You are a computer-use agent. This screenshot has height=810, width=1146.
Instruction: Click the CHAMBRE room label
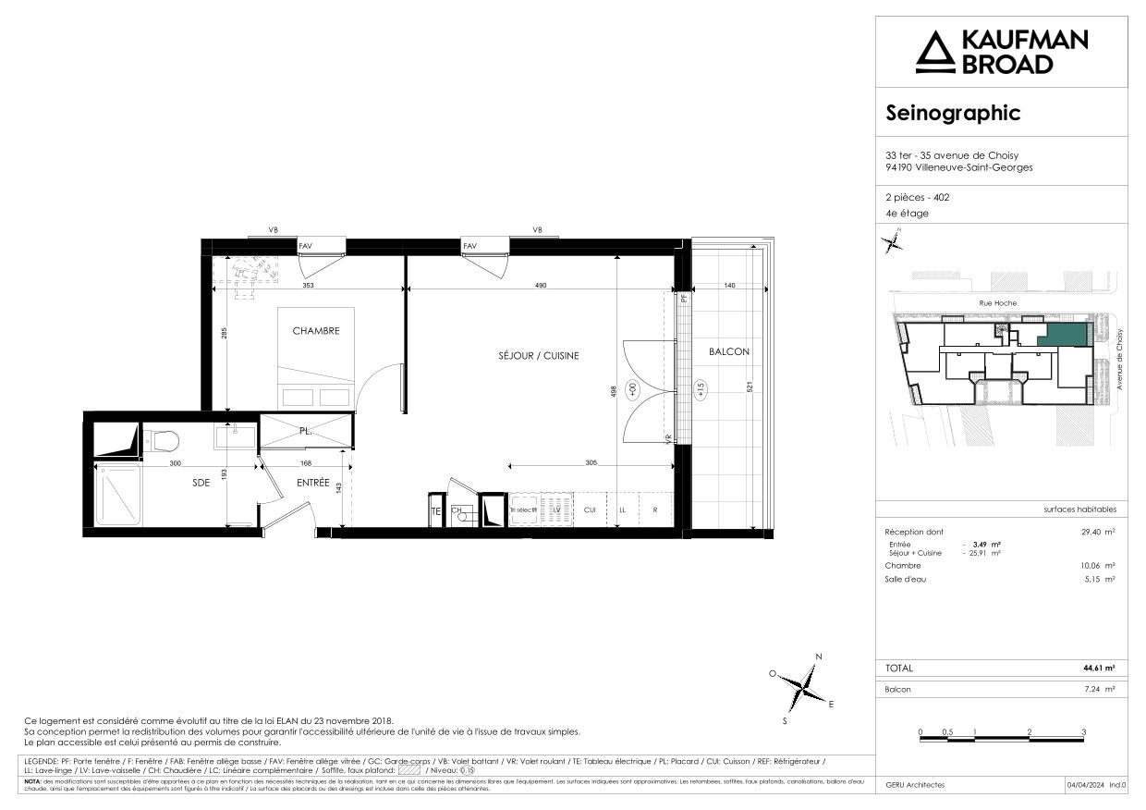tap(316, 331)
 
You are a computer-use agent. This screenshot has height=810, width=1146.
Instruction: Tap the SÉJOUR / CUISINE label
tap(538, 356)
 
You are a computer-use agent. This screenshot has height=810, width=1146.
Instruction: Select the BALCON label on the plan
tap(729, 351)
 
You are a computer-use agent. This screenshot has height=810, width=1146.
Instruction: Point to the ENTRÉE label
tap(313, 482)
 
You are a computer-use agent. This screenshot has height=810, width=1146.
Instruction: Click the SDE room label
tap(201, 482)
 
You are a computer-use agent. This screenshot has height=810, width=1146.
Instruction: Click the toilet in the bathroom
tap(163, 438)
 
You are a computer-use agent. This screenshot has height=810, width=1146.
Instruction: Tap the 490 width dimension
tap(541, 286)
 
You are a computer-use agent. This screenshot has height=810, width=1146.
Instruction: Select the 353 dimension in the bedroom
tap(309, 286)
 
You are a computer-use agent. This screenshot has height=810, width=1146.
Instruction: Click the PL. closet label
tap(306, 431)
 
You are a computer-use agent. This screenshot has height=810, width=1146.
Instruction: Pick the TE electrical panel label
tap(435, 510)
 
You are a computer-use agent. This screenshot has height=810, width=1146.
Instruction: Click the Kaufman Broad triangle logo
tap(934, 52)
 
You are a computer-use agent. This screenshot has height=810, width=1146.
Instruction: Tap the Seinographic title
tap(953, 113)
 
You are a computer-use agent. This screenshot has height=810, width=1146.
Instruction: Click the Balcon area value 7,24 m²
tap(1099, 690)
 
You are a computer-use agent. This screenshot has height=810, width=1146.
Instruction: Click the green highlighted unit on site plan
tap(1062, 336)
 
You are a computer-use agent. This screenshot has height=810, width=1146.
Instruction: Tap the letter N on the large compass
tap(818, 657)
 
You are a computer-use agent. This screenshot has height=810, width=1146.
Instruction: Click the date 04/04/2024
tap(1084, 785)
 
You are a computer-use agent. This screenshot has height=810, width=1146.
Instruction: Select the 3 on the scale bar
tap(1083, 731)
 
